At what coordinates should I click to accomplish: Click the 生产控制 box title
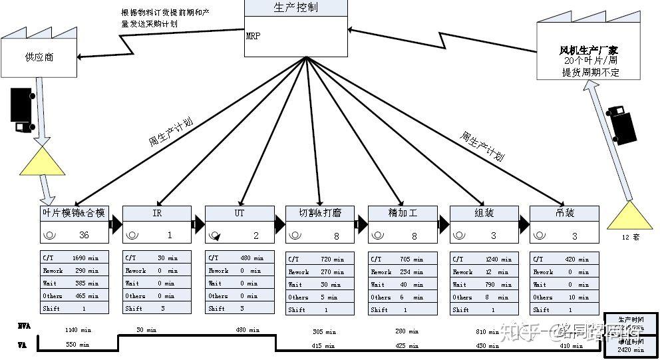[x=295, y=8]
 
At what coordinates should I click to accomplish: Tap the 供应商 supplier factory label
[x=41, y=57]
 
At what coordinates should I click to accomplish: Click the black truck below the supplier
[x=23, y=110]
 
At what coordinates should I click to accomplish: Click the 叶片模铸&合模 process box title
[x=73, y=213]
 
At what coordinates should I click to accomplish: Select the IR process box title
[x=157, y=213]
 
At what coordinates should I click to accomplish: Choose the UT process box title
[x=240, y=213]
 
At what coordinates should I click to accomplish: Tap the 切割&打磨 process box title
[x=320, y=213]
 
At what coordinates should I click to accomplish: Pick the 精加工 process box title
[x=403, y=213]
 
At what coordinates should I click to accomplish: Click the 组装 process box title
[x=484, y=213]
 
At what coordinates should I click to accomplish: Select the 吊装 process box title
[x=564, y=213]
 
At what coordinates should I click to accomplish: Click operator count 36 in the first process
[x=84, y=235]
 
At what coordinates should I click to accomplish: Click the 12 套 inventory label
[x=630, y=237]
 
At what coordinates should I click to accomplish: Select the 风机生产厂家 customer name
[x=589, y=50]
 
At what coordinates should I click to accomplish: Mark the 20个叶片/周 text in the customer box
[x=589, y=61]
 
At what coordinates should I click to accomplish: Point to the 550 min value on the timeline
[x=77, y=345]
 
